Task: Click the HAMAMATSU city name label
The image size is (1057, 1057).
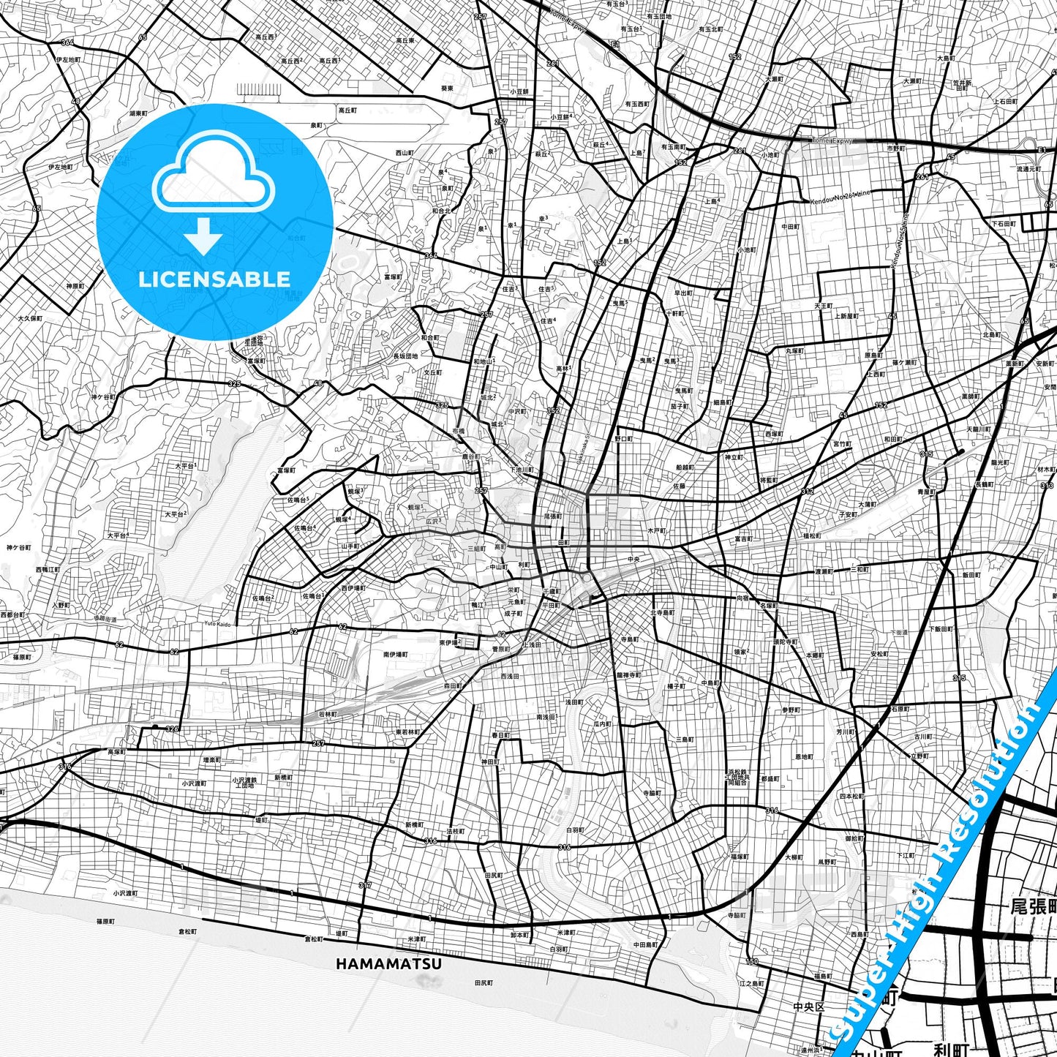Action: (x=388, y=964)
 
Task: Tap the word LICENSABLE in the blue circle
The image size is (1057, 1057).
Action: (x=214, y=279)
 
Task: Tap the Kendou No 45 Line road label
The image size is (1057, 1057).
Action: (x=900, y=241)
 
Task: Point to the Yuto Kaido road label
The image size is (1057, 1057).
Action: (x=217, y=623)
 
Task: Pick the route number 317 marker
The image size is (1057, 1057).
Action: (x=365, y=885)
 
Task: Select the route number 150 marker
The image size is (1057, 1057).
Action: (x=752, y=961)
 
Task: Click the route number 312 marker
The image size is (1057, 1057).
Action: (x=808, y=491)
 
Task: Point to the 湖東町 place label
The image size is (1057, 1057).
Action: (x=138, y=113)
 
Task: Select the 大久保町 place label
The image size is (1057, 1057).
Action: (x=31, y=318)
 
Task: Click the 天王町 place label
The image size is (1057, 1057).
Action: (x=824, y=305)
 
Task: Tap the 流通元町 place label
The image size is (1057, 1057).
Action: (x=1028, y=169)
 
